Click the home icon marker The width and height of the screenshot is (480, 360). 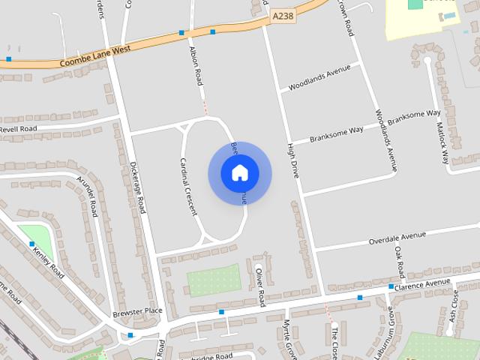(x=239, y=173)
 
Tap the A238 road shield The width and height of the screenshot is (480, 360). (x=283, y=16)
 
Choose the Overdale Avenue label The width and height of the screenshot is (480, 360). (x=397, y=238)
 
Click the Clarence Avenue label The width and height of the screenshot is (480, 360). (x=422, y=284)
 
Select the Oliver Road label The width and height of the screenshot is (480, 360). (x=260, y=286)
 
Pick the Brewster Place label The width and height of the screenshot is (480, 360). (x=137, y=311)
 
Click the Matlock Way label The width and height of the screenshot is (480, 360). (x=444, y=143)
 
